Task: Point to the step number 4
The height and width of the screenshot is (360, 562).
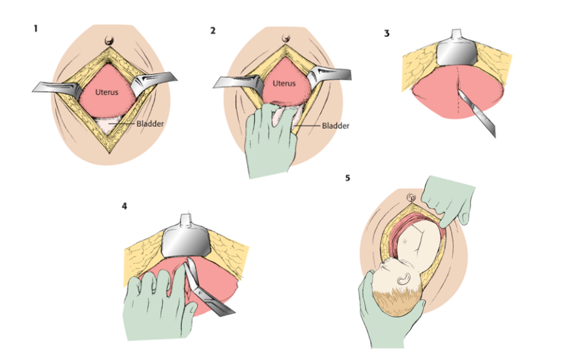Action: pos(124,207)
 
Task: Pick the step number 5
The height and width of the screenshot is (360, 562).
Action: pos(347,177)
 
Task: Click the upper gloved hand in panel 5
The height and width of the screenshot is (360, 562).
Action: pos(452,196)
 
